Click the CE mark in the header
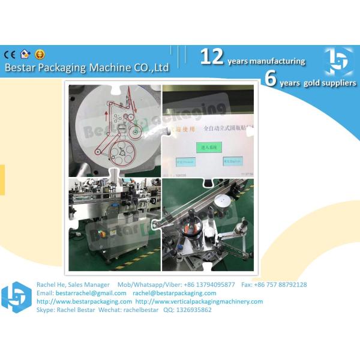pos(10,54)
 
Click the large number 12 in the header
pos(212,57)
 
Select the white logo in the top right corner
pos(339,61)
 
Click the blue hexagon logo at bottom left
pos(16,297)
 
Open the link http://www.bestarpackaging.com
pos(85,301)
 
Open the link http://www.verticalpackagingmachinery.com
pos(199,301)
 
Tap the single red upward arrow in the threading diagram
pos(106,110)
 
